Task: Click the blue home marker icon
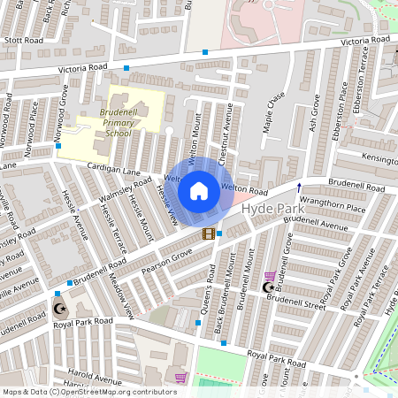[x=199, y=190]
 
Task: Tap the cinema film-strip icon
[x=209, y=233]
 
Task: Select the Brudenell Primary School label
[x=107, y=122]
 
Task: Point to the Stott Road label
[x=23, y=40]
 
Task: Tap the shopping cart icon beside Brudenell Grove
[x=269, y=276]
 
